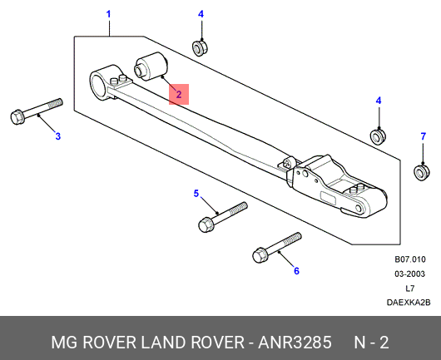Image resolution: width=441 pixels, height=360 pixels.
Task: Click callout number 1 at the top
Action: (x=108, y=14)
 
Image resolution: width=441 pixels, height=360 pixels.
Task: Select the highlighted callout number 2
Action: (x=179, y=95)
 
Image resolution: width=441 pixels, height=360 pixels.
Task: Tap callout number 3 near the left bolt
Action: (x=57, y=136)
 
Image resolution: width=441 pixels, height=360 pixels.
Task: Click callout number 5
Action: (x=196, y=194)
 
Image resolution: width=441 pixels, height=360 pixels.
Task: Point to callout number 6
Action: (x=296, y=271)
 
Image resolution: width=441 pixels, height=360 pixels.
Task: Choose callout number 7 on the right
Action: (x=424, y=136)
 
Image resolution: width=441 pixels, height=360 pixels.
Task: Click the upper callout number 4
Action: (x=201, y=14)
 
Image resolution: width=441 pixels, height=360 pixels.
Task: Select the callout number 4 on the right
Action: (x=379, y=101)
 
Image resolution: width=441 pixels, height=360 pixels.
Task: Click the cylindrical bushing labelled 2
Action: (x=151, y=67)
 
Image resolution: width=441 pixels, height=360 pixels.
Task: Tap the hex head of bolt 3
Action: (x=17, y=117)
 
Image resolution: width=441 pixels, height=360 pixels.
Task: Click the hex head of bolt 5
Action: (x=205, y=224)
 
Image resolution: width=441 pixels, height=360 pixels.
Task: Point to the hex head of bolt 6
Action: (x=260, y=255)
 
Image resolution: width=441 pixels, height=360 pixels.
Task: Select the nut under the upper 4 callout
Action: (x=200, y=47)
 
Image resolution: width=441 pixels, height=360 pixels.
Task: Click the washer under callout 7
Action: (x=421, y=172)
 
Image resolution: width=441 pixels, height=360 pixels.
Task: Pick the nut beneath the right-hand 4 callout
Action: (x=378, y=136)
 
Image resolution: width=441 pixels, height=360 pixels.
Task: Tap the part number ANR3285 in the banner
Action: (x=295, y=343)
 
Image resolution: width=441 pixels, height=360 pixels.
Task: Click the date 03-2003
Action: (x=409, y=274)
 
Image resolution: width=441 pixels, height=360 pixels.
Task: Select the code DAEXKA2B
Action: (x=409, y=303)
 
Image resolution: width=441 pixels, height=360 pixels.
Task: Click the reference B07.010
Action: (x=410, y=259)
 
